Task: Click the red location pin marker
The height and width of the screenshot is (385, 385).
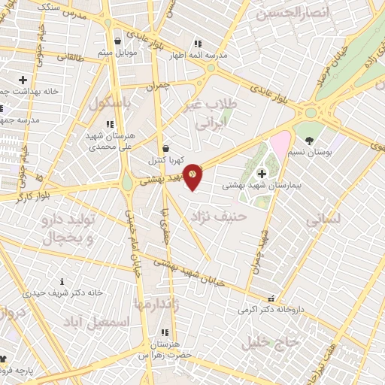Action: pyautogui.click(x=192, y=176)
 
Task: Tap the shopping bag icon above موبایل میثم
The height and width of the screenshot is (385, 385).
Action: pyautogui.click(x=117, y=41)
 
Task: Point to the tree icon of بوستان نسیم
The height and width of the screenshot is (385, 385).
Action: pyautogui.click(x=308, y=140)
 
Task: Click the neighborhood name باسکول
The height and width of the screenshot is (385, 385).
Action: pyautogui.click(x=111, y=102)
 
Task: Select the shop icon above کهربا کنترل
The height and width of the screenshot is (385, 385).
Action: pyautogui.click(x=165, y=148)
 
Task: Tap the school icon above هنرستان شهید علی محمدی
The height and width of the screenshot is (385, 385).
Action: pyautogui.click(x=110, y=124)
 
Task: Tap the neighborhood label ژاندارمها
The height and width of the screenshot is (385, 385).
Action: pyautogui.click(x=159, y=303)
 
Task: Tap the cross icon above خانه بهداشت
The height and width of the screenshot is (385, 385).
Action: pyautogui.click(x=23, y=79)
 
